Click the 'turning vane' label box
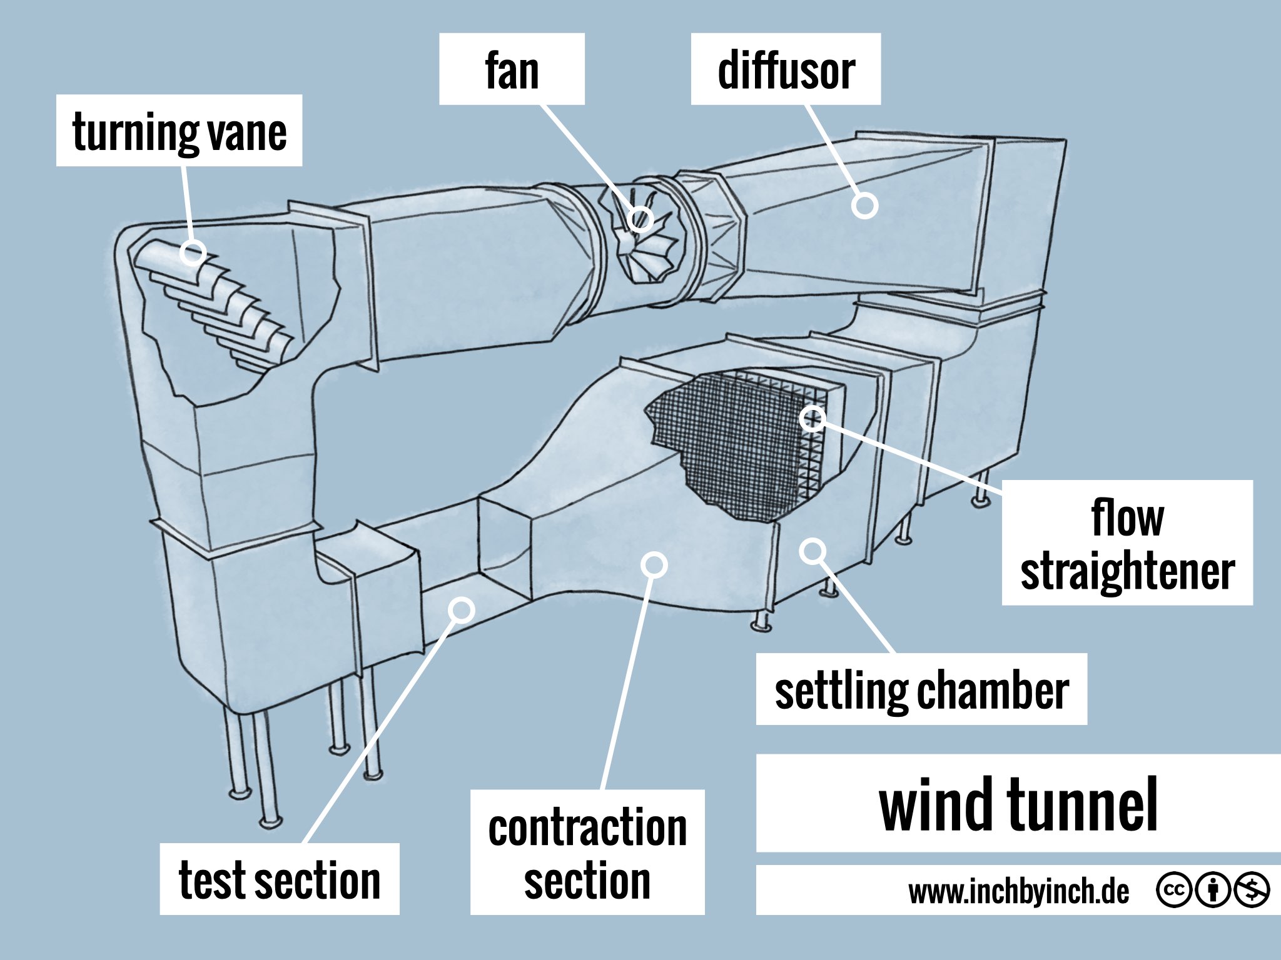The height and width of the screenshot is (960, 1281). [x=179, y=131]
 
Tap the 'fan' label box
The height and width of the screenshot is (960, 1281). [x=512, y=69]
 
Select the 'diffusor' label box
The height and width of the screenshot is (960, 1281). [x=786, y=69]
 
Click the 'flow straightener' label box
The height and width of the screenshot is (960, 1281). [x=1127, y=542]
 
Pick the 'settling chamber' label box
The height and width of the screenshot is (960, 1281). [x=921, y=689]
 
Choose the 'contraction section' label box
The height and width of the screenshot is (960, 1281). [x=587, y=852]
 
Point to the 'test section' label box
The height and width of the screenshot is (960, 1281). [x=280, y=879]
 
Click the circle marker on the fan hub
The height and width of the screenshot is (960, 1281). [x=640, y=219]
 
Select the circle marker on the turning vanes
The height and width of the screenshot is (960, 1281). [x=193, y=252]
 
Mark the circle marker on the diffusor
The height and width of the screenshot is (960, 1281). [x=865, y=206]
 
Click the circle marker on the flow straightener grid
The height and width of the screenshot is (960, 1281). [x=813, y=418]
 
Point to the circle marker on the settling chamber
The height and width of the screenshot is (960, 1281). [x=813, y=551]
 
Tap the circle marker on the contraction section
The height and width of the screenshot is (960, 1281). [x=654, y=565]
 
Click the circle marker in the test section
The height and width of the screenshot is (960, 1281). [x=462, y=609]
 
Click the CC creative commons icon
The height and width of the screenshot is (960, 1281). [x=1173, y=890]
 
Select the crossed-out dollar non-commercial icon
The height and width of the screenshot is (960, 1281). [x=1251, y=890]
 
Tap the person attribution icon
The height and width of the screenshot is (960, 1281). [x=1212, y=890]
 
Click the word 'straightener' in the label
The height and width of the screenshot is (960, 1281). [x=1127, y=571]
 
